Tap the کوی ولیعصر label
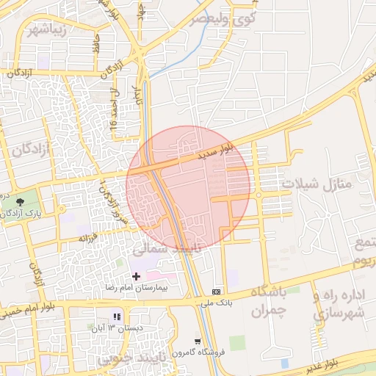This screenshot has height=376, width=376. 224,19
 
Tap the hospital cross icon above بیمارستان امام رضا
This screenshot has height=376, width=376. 136,275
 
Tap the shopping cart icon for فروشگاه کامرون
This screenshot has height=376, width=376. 198,340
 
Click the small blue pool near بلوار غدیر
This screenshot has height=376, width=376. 284,363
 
